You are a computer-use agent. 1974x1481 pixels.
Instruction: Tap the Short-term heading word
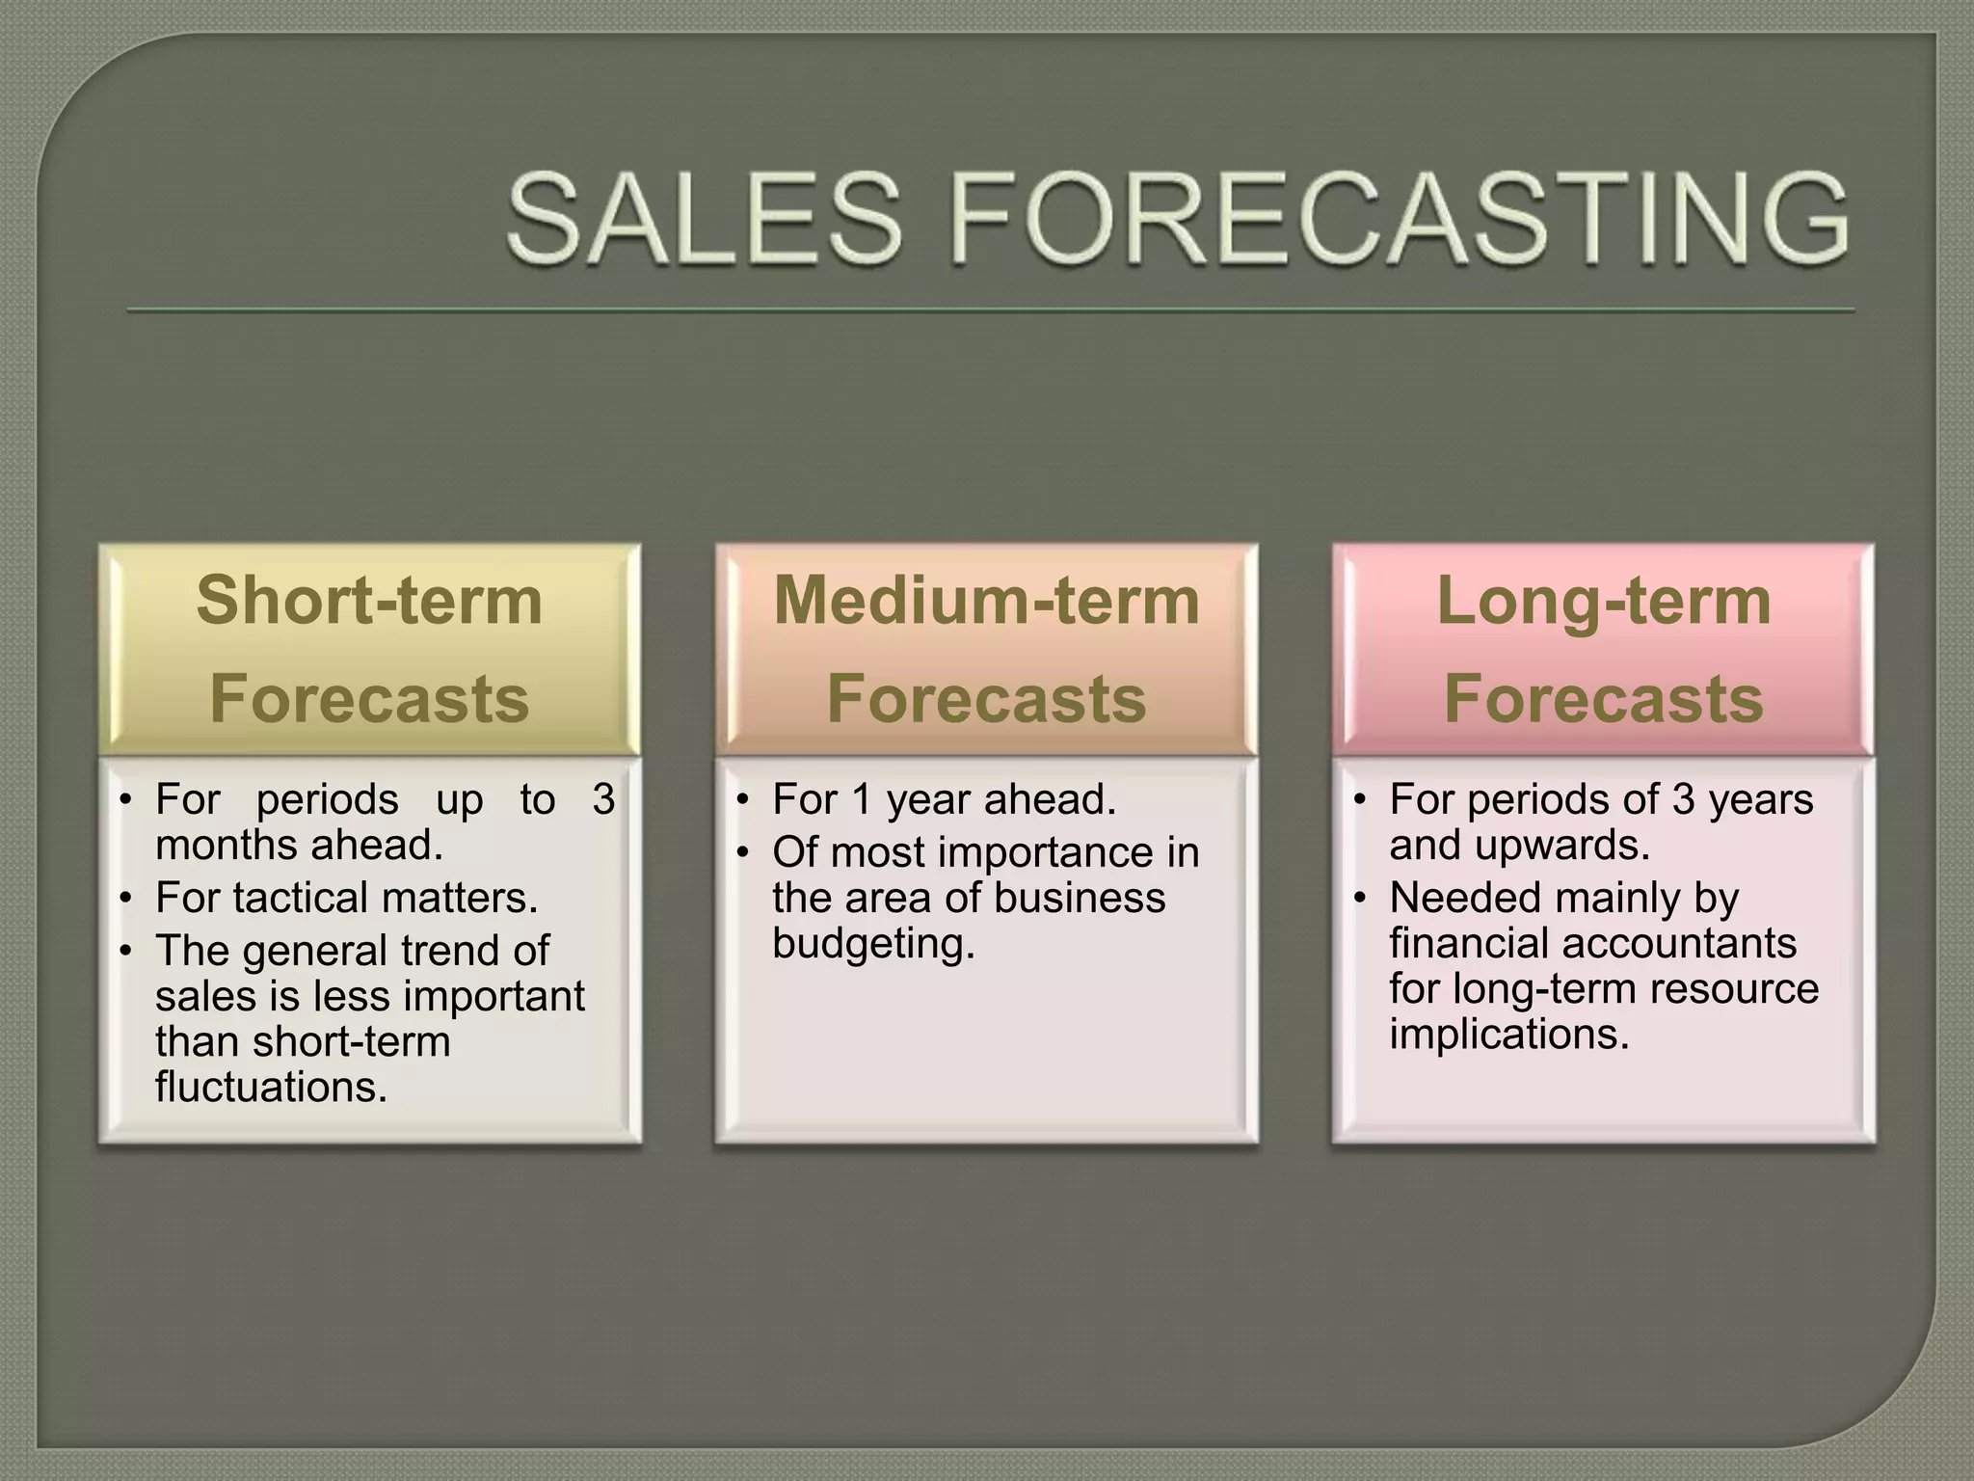coord(369,600)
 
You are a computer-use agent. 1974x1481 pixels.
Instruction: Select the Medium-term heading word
coord(986,600)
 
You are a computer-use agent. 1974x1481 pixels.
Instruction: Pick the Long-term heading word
coord(1603,600)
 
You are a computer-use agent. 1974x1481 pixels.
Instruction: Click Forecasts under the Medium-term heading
coord(986,698)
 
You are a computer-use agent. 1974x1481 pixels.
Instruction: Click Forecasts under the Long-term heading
coord(1603,698)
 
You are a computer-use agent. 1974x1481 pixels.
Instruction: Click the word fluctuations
coord(271,1087)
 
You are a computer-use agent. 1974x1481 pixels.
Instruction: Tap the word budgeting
coord(873,942)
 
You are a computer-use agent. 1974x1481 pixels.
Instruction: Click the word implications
coord(1508,1034)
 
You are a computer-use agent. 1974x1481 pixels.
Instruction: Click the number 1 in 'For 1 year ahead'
coord(861,799)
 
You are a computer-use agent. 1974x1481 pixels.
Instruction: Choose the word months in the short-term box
coord(227,845)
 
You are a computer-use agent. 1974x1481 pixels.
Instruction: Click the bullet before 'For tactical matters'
coord(124,899)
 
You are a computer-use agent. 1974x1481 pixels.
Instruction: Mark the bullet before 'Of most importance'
coord(741,853)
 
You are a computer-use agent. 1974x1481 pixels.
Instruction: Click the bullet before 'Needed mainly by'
coord(1359,899)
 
